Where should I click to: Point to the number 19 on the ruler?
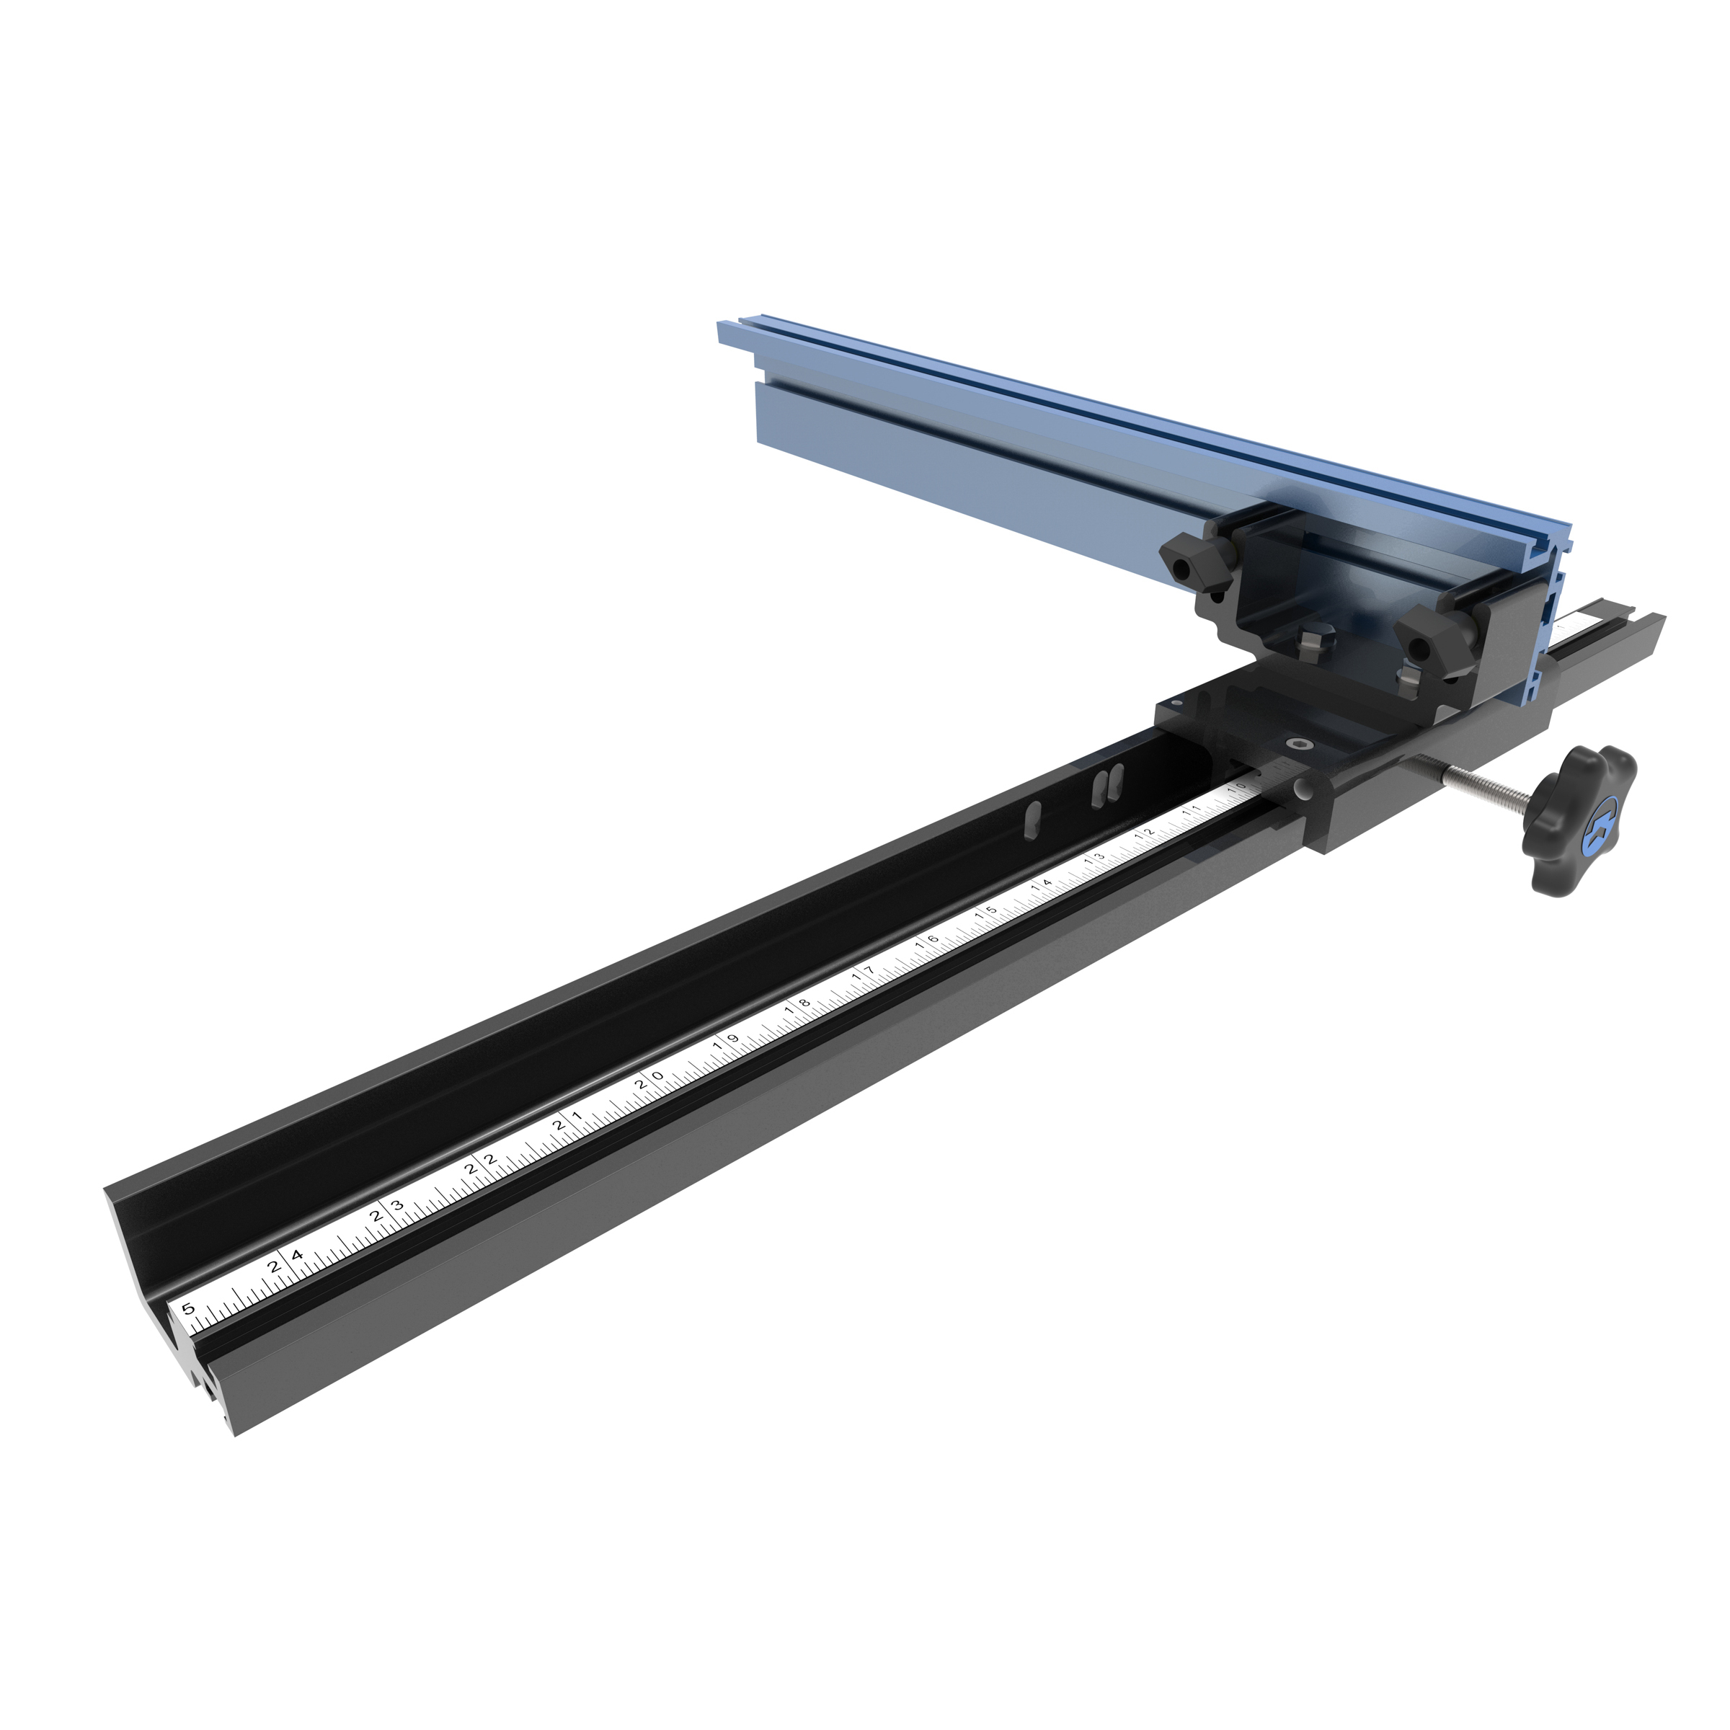pos(726,1042)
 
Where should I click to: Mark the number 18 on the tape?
pos(797,1006)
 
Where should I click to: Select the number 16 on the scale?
pos(928,942)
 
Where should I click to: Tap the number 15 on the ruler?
pos(987,913)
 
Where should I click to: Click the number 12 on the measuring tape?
pos(1145,835)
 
